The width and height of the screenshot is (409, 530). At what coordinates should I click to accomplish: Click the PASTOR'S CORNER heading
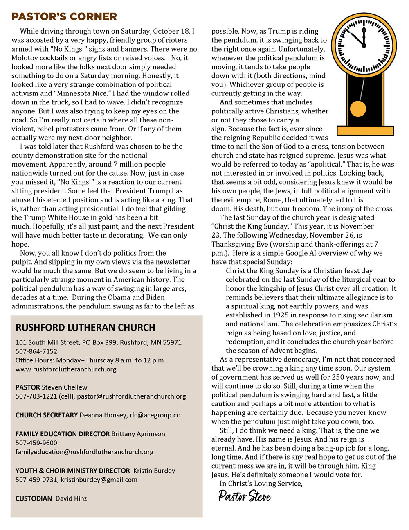pyautogui.click(x=64, y=17)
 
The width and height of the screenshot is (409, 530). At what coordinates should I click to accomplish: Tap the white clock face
pyautogui.click(x=364, y=46)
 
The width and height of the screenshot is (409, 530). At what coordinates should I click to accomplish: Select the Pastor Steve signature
pyautogui.click(x=245, y=496)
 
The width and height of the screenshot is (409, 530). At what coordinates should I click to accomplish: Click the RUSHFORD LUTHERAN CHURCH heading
pyautogui.click(x=85, y=328)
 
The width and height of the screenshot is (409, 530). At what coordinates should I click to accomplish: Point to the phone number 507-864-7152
pyautogui.click(x=36, y=351)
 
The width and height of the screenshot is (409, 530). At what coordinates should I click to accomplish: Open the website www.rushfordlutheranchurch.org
pyautogui.click(x=66, y=369)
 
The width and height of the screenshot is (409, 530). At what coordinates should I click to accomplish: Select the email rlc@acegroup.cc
pyautogui.click(x=155, y=415)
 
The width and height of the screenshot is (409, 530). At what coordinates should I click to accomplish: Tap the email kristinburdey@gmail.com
pyautogui.click(x=99, y=480)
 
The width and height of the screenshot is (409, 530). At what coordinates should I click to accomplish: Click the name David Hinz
pyautogui.click(x=71, y=498)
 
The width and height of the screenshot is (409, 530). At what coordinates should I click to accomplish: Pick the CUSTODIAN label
pyautogui.click(x=34, y=498)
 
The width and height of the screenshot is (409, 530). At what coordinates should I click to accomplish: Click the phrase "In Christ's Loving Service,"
pyautogui.click(x=261, y=484)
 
